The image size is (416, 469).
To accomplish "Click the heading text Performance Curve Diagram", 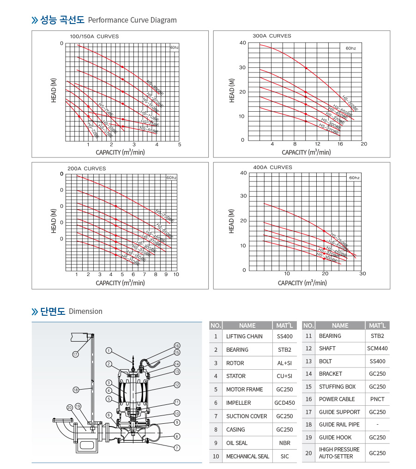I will (132, 20).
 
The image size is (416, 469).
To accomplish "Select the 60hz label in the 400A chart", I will (354, 177).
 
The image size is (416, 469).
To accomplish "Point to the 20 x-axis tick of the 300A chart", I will (363, 144).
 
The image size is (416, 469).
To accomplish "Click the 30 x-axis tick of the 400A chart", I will (362, 274).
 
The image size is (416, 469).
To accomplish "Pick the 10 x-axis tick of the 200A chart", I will (176, 274).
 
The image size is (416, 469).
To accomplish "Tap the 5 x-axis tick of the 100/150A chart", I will (180, 144).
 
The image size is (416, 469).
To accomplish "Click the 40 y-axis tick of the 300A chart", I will (243, 43).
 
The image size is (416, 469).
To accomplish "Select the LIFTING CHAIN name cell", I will (244, 337).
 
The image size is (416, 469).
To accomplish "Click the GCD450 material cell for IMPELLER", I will (284, 403).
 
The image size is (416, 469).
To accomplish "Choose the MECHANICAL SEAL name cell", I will (247, 456).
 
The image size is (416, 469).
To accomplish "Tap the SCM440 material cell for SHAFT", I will (377, 349).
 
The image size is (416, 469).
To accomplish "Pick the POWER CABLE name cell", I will (337, 399).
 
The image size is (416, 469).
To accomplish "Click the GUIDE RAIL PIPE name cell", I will (339, 425).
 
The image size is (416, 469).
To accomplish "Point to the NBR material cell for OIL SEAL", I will (284, 443).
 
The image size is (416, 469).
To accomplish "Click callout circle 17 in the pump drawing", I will (75, 354).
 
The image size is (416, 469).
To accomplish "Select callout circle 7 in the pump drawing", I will (177, 447).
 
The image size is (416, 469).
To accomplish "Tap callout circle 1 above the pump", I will (108, 350).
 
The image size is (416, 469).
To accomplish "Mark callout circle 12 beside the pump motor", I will (177, 385).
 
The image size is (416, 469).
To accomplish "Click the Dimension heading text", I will (85, 312).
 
